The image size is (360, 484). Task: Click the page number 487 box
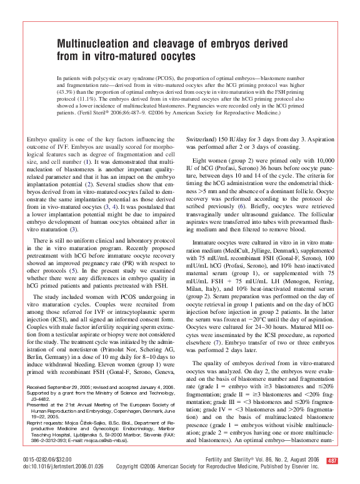pyautogui.click(x=332, y=461)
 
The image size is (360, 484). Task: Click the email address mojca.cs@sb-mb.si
pyautogui.click(x=109, y=440)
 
